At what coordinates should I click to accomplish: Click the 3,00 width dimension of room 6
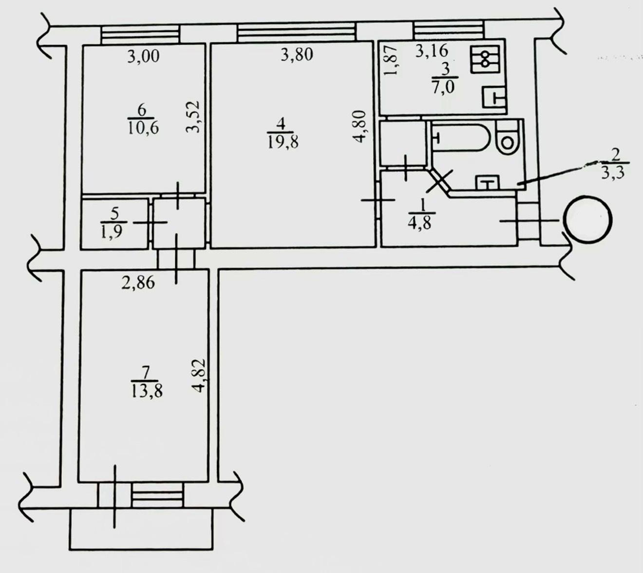[143, 57]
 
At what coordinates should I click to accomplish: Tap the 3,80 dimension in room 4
[297, 54]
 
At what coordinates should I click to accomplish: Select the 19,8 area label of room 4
[283, 142]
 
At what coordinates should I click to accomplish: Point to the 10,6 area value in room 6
[143, 128]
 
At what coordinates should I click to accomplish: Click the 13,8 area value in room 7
[146, 391]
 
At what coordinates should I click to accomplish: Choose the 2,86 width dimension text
[138, 282]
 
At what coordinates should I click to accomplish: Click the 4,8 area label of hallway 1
[419, 223]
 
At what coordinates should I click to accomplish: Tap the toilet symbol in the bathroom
[508, 138]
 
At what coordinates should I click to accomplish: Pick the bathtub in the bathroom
[460, 138]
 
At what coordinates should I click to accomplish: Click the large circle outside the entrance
[587, 219]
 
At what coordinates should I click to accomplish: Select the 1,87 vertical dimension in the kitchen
[390, 60]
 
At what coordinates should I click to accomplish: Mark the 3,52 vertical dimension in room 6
[192, 117]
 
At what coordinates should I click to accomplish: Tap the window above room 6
[140, 34]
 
